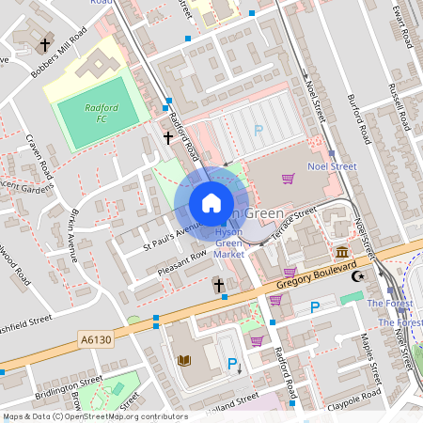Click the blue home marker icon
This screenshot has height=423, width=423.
211,202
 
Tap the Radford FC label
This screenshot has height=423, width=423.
101,114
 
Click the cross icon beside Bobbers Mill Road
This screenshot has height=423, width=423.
43,44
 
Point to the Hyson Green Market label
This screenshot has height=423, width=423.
229,243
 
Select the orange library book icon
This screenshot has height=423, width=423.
184,360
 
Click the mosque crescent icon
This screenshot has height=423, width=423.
356,276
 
